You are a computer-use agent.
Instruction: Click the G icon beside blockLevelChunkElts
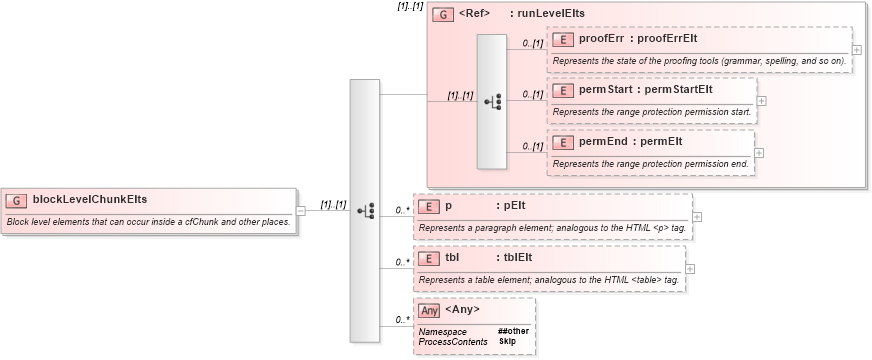click(18, 200)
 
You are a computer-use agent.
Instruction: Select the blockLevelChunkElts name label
click(90, 200)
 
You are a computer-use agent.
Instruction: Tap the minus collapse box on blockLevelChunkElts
click(301, 210)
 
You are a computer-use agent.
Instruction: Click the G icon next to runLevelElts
click(441, 15)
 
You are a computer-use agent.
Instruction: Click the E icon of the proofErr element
click(563, 39)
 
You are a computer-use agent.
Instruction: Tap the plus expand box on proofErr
click(857, 49)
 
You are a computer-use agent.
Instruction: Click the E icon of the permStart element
click(563, 90)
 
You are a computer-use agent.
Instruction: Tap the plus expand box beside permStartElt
click(762, 100)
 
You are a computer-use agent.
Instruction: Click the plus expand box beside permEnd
click(759, 152)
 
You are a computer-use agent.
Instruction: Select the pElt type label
click(515, 206)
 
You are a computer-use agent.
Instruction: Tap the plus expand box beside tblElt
click(691, 268)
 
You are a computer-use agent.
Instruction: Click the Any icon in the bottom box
click(429, 310)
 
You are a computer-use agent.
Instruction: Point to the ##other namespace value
click(513, 331)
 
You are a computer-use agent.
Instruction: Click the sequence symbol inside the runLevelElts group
click(493, 101)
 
